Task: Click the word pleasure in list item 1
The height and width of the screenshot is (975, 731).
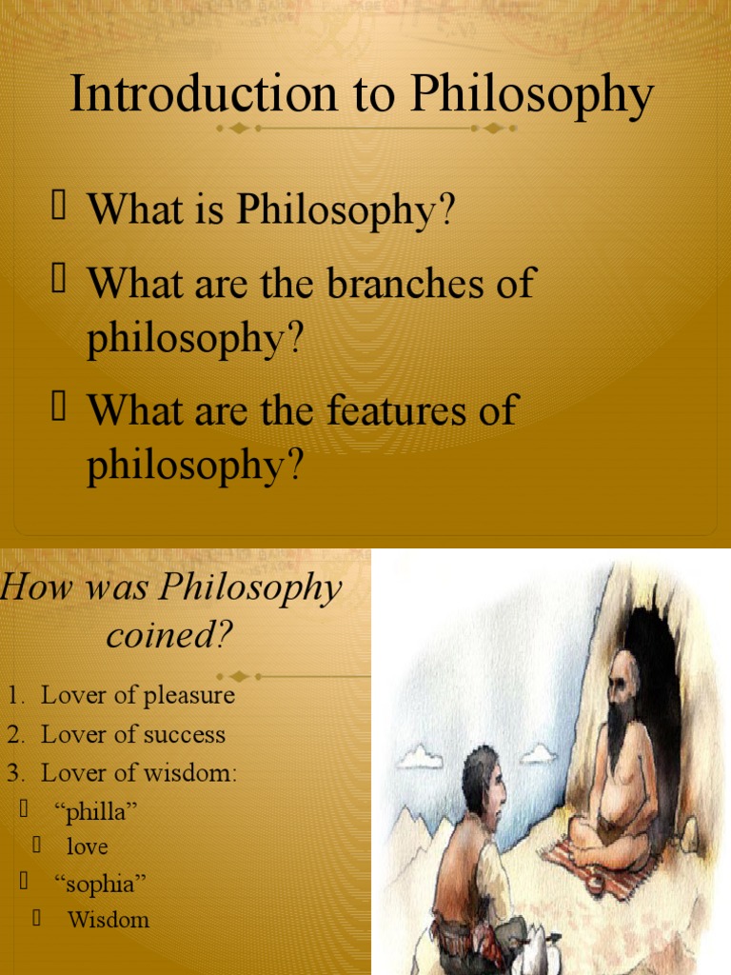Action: coord(189,695)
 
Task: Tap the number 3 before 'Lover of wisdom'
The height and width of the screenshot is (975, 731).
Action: coord(13,773)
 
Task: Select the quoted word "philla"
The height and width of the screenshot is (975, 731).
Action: coord(97,811)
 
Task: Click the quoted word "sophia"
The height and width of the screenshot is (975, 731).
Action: coord(101,885)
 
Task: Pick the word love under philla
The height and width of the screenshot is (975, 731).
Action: coord(87,846)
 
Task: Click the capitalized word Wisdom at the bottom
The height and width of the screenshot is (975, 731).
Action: coord(109,920)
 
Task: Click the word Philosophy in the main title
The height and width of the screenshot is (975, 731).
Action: coord(533,96)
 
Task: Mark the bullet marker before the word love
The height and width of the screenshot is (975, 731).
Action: coord(36,845)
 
